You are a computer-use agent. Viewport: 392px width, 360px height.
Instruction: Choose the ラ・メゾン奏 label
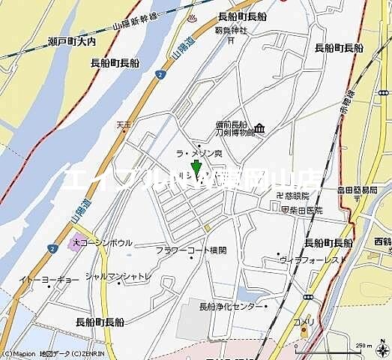[x=199, y=153]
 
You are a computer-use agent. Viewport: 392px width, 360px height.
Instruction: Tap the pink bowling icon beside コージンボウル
[x=74, y=242]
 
